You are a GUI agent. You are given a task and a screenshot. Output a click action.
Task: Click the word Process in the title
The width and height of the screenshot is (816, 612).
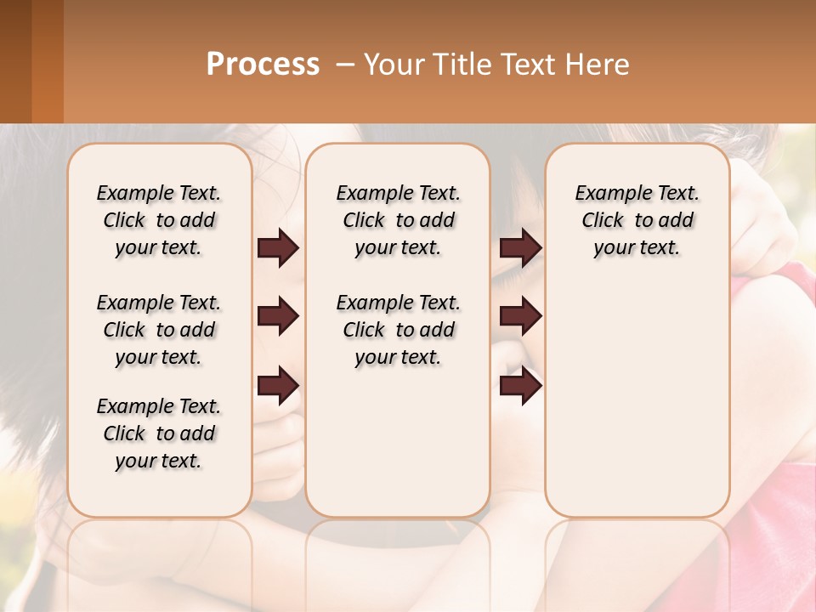(x=263, y=65)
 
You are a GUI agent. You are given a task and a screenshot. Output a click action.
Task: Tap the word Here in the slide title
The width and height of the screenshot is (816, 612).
(x=598, y=65)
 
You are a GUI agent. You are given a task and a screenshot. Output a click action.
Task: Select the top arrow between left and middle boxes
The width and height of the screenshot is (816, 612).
(x=278, y=247)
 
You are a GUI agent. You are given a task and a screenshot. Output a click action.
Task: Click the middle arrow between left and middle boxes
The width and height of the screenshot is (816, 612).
(x=278, y=317)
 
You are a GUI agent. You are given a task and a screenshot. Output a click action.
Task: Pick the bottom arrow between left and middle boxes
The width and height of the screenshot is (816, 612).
(x=278, y=386)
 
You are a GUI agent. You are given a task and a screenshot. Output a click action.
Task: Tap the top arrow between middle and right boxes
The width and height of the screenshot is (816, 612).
(x=520, y=247)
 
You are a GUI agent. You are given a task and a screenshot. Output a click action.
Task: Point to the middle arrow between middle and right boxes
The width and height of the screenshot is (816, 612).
(x=520, y=317)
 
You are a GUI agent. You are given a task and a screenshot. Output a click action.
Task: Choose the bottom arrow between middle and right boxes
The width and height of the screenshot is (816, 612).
(x=520, y=386)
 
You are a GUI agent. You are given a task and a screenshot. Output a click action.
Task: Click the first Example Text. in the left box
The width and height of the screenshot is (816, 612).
(x=159, y=193)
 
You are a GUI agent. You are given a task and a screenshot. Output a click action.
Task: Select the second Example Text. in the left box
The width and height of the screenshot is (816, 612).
(x=159, y=303)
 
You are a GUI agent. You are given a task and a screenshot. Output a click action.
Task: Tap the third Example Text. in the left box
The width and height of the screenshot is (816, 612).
(x=159, y=406)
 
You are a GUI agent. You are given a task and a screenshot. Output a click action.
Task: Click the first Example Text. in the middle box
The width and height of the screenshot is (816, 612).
(x=398, y=193)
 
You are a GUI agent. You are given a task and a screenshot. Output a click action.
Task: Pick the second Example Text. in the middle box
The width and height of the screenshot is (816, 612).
(x=398, y=303)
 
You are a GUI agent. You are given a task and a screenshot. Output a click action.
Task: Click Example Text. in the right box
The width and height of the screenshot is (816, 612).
(x=637, y=193)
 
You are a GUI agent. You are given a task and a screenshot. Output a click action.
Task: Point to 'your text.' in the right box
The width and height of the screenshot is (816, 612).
(x=637, y=248)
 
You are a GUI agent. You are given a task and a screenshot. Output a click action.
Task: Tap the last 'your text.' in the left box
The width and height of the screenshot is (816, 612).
(x=159, y=461)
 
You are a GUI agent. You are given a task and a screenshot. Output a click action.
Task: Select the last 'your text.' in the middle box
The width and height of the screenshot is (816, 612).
(x=398, y=358)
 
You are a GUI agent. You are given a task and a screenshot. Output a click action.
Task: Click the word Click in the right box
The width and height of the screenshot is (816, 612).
(x=603, y=221)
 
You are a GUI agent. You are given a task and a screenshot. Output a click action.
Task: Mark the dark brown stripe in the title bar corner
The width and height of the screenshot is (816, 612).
(x=15, y=61)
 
